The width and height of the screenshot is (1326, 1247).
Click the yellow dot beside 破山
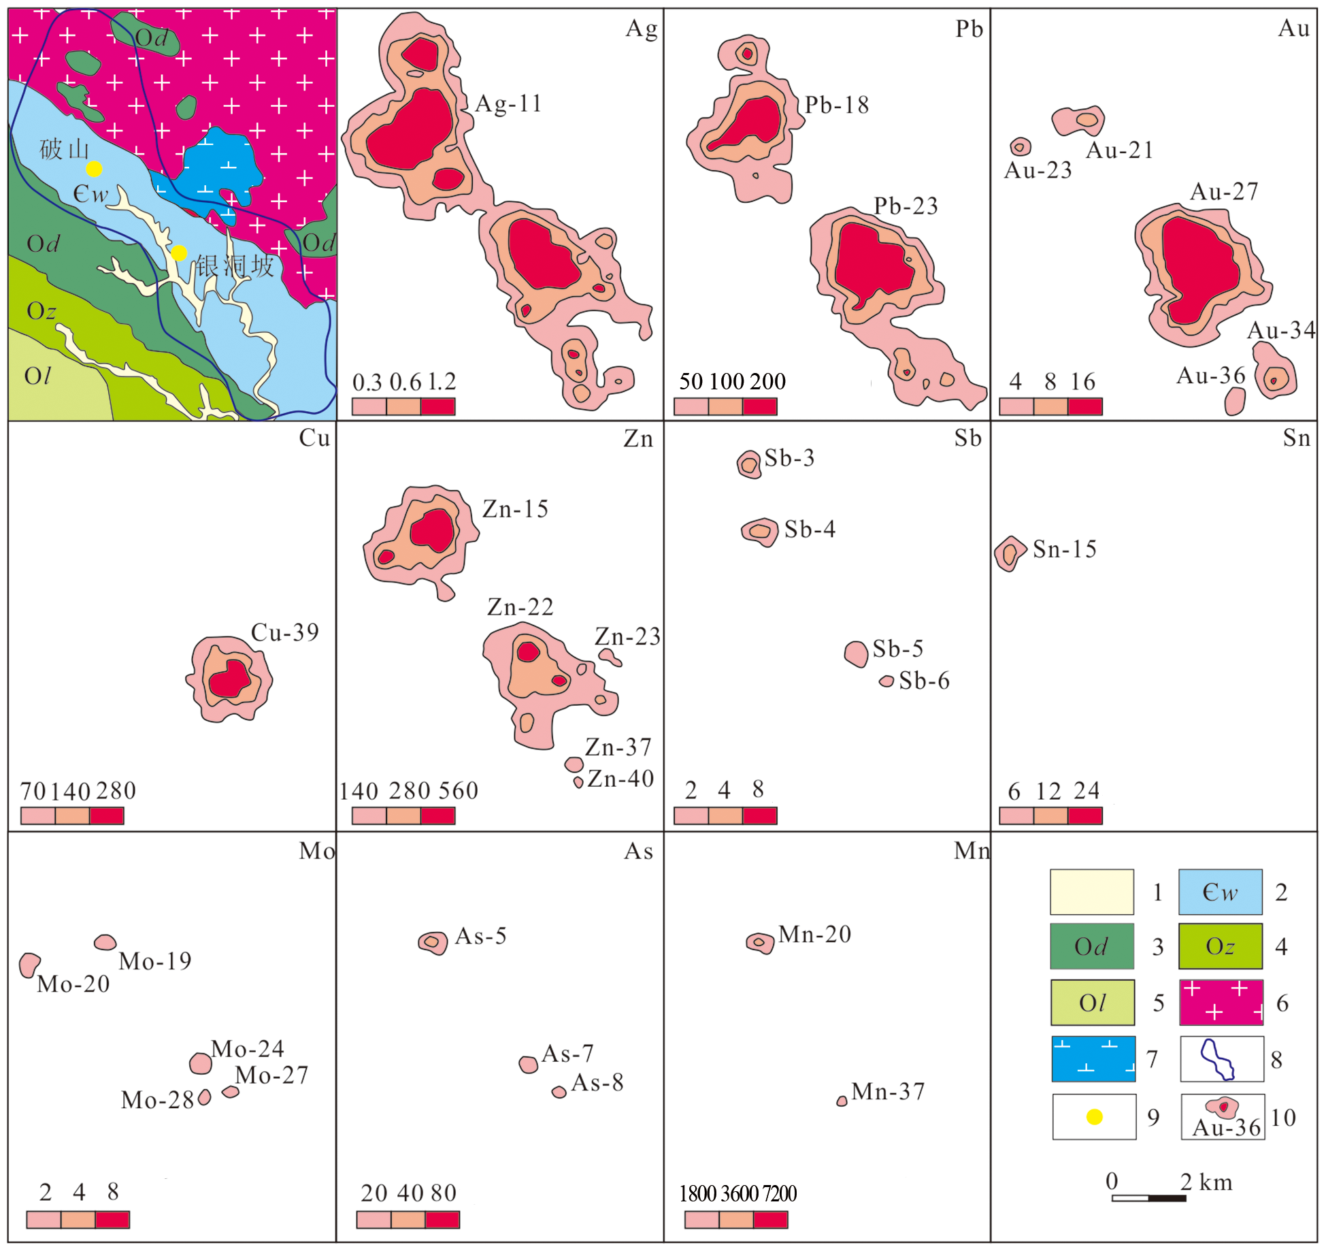pyautogui.click(x=94, y=169)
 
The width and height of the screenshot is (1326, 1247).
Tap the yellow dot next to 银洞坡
pyautogui.click(x=179, y=253)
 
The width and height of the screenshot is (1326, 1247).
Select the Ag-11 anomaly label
pyautogui.click(x=508, y=104)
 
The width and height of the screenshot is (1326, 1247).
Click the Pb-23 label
pyautogui.click(x=906, y=206)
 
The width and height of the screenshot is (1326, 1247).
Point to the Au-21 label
pyautogui.click(x=1120, y=150)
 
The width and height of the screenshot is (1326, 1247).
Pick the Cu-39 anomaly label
pyautogui.click(x=285, y=632)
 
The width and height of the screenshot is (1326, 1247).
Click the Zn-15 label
pyautogui.click(x=515, y=509)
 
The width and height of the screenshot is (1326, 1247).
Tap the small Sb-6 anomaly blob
pyautogui.click(x=886, y=681)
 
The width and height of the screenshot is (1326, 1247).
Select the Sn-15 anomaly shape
pyautogui.click(x=1010, y=553)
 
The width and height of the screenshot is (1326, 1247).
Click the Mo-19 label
pyautogui.click(x=155, y=961)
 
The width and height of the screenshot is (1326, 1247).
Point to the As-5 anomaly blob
pyautogui.click(x=433, y=943)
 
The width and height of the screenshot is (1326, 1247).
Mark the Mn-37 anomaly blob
pyautogui.click(x=842, y=1101)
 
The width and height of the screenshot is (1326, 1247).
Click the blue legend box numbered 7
pyautogui.click(x=1093, y=1059)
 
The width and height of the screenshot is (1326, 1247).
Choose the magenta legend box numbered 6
pyautogui.click(x=1221, y=1003)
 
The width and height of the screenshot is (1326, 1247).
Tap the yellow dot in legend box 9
pyautogui.click(x=1094, y=1117)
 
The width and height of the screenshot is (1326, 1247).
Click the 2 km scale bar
pyautogui.click(x=1148, y=1198)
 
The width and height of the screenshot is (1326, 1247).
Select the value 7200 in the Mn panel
pyautogui.click(x=780, y=1194)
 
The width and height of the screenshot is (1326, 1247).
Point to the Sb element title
pyautogui.click(x=967, y=439)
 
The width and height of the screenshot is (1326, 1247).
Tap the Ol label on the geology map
pyautogui.click(x=37, y=376)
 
